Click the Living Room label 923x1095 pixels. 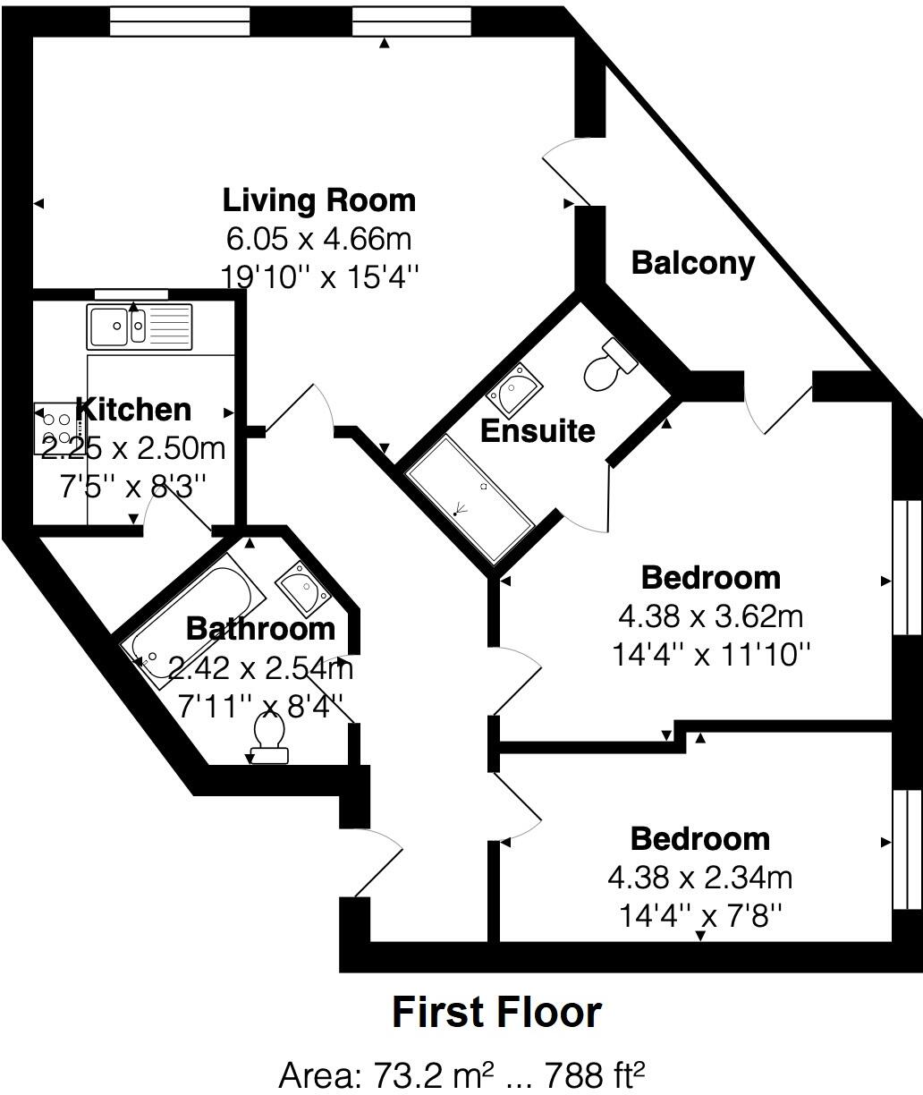coord(319,199)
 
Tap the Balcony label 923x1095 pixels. coord(693,263)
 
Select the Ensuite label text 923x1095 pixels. coord(538,431)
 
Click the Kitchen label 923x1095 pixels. coord(134,409)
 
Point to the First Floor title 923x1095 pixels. coord(496,1013)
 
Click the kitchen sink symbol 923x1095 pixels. coord(140,327)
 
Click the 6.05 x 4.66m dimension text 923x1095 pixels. coord(319,239)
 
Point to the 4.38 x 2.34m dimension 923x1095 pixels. coord(699,878)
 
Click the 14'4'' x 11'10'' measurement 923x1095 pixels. coord(711,655)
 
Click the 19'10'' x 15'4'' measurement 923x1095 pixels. coord(319,276)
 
